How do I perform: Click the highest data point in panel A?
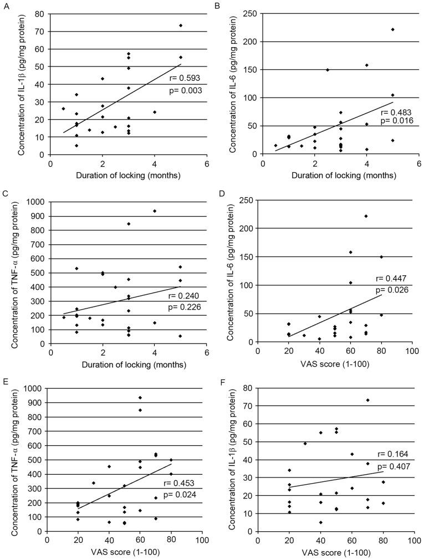[180, 25]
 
